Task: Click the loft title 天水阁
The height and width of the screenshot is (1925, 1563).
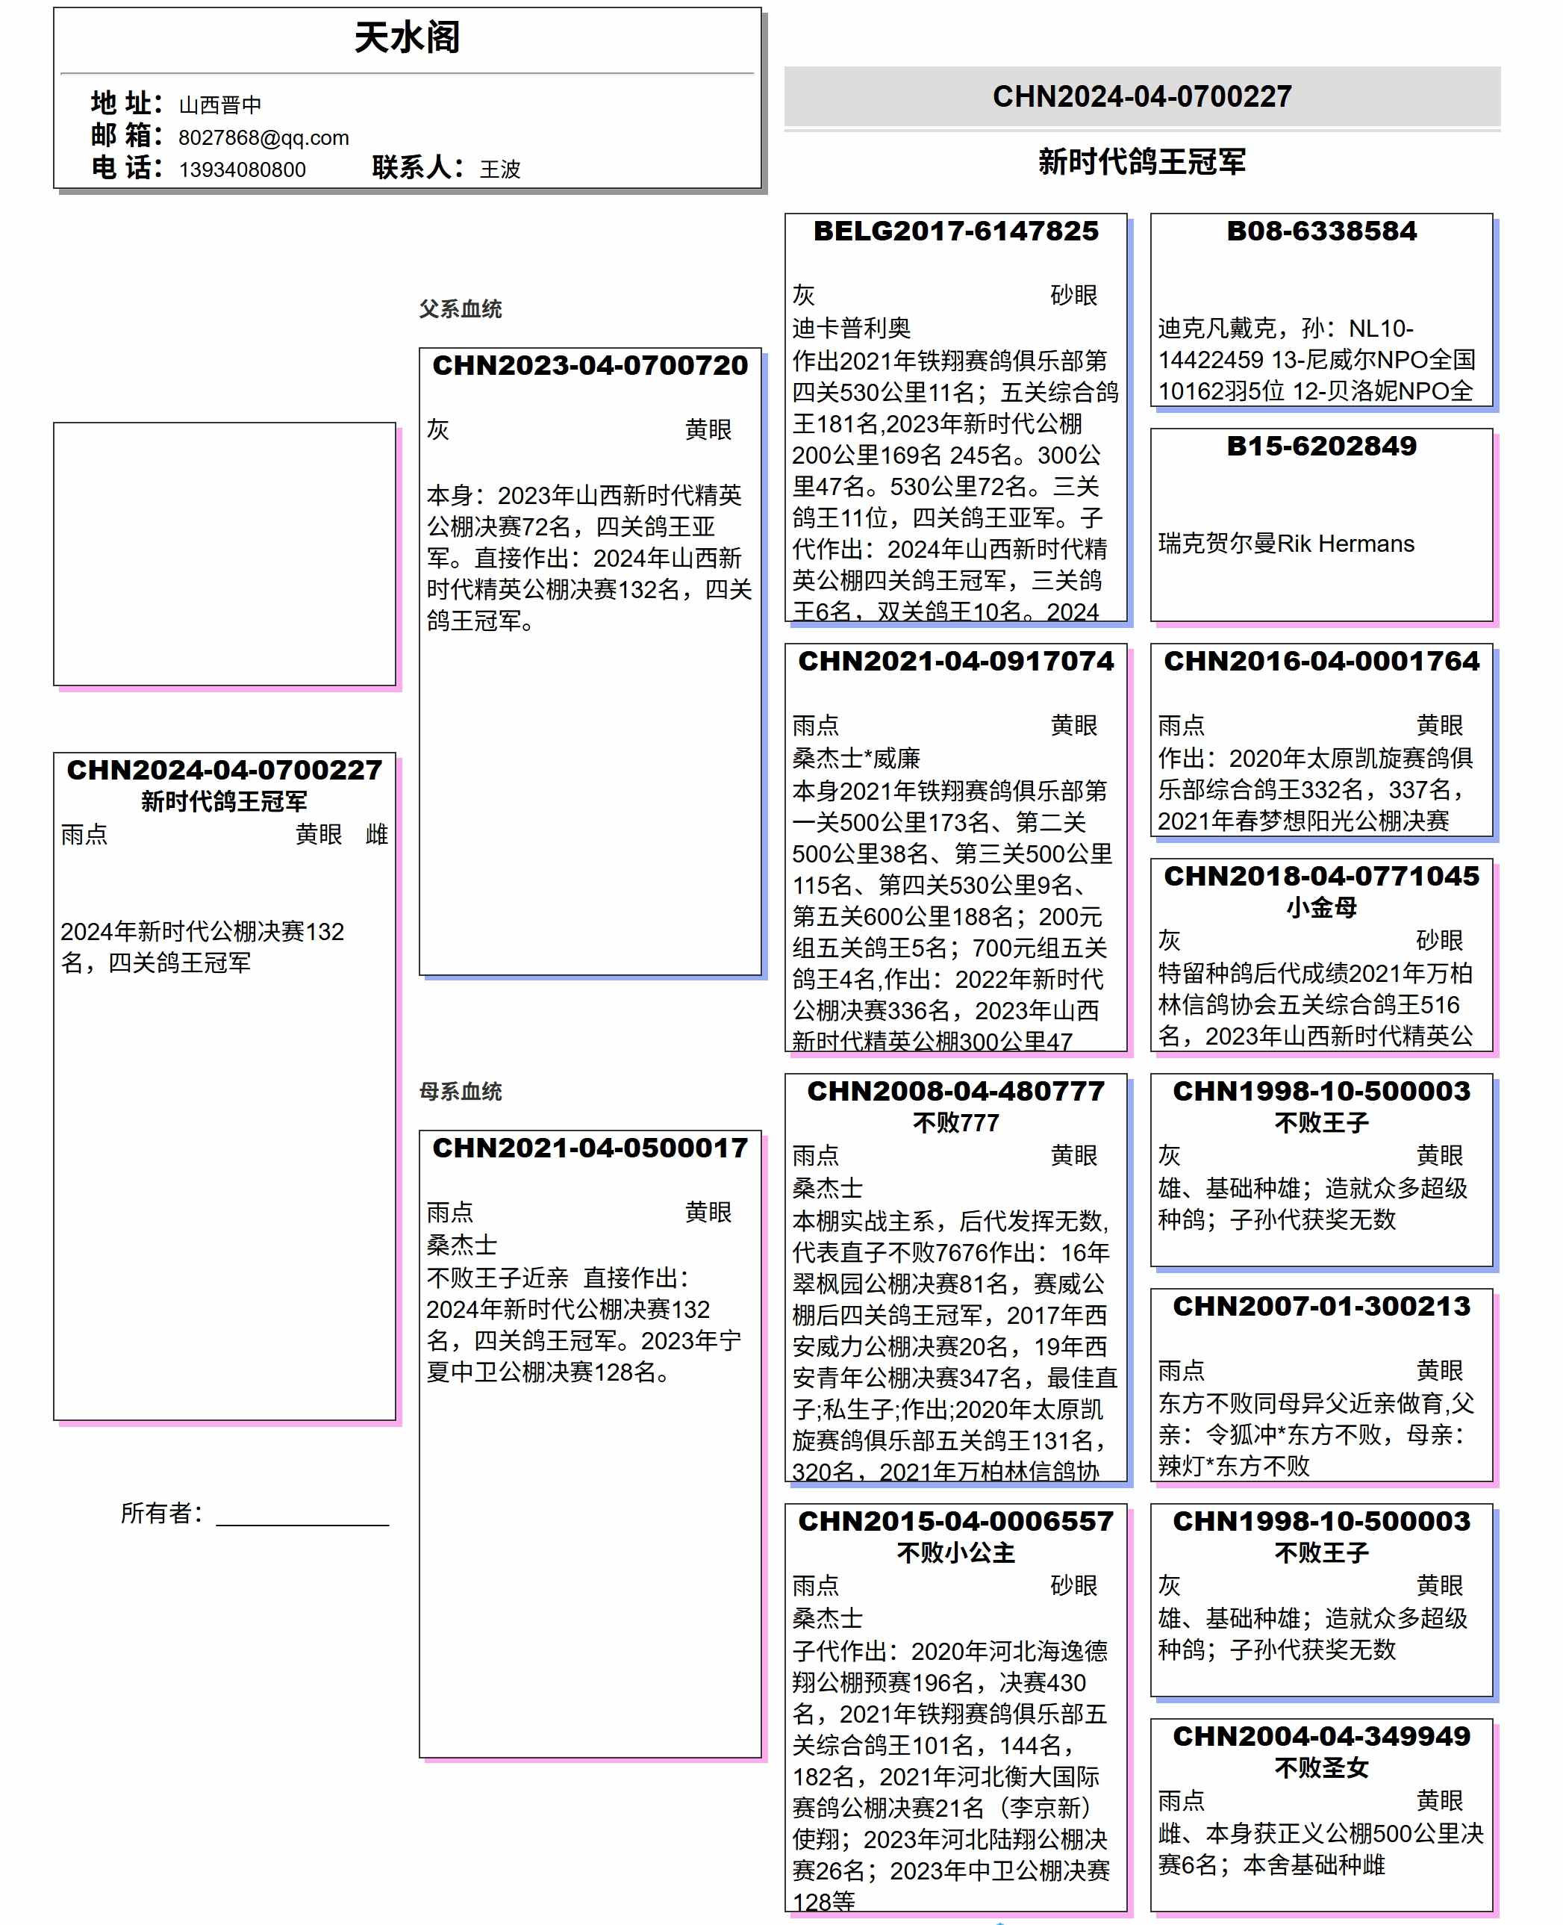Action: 407,38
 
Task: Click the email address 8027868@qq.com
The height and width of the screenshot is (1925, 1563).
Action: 263,138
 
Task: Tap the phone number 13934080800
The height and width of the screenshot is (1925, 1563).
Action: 242,170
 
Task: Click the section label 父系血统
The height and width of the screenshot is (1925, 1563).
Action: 460,309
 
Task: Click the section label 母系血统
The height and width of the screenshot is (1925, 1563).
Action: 460,1091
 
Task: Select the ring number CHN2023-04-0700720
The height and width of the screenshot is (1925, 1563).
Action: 590,366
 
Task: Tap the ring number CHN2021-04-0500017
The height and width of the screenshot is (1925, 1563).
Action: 590,1148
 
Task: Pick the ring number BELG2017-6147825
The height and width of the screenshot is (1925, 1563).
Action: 955,231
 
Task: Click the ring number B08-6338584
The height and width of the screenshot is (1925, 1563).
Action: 1321,231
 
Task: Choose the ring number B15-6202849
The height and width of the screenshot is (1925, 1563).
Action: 1321,446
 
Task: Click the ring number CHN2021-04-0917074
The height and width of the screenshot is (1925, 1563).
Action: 955,661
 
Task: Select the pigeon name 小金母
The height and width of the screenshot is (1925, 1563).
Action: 1321,907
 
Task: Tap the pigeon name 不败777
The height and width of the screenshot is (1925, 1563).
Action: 955,1122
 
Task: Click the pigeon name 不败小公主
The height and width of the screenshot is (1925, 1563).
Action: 955,1552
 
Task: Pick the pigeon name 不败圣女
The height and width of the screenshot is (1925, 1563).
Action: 1321,1767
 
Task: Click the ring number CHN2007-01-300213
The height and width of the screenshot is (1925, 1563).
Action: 1321,1306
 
